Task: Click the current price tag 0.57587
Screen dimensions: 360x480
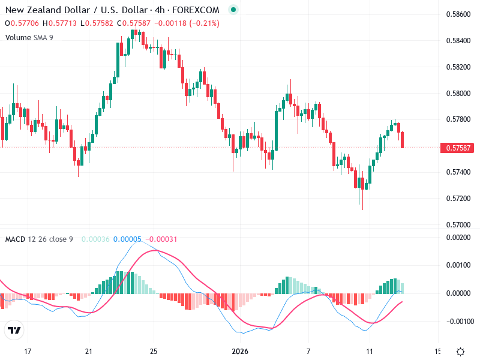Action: click(457, 148)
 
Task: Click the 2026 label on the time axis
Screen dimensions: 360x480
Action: click(240, 351)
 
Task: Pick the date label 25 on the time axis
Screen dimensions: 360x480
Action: click(154, 351)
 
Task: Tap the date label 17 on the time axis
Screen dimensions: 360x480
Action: click(28, 351)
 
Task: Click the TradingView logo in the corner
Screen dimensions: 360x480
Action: click(14, 330)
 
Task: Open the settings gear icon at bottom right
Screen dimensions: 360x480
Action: click(460, 352)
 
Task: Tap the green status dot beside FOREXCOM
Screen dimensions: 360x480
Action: click(233, 10)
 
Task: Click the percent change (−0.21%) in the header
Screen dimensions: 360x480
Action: click(204, 23)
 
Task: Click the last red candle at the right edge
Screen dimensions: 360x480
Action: click(403, 139)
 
